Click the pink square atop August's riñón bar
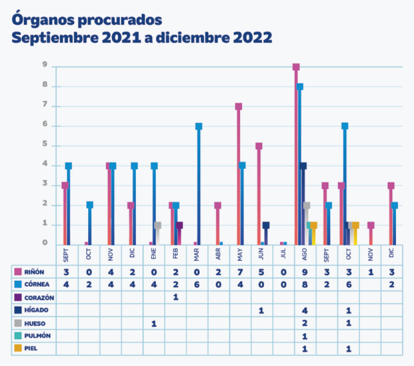tap(296, 67)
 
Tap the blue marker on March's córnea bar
tap(198, 126)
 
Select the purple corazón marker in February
tap(179, 225)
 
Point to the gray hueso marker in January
tap(157, 225)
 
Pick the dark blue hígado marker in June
tap(265, 225)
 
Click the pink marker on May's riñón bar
tap(239, 107)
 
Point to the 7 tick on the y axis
tap(44, 106)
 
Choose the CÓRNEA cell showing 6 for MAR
tap(197, 284)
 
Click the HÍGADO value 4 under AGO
tap(304, 310)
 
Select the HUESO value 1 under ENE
tap(154, 323)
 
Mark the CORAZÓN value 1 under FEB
tap(175, 297)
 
